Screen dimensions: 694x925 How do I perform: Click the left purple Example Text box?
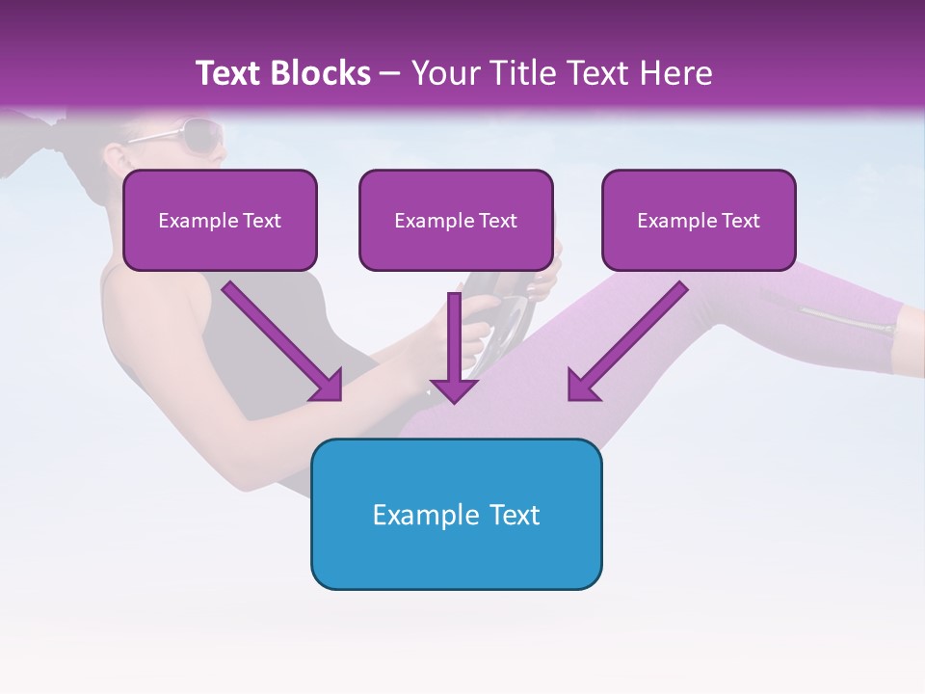(220, 220)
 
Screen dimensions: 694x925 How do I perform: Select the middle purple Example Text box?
(456, 220)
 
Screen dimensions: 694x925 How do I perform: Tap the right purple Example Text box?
(699, 220)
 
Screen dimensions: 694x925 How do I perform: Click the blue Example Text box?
(456, 514)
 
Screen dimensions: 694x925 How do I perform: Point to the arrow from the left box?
(279, 337)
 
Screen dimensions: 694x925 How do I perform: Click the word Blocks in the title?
(320, 73)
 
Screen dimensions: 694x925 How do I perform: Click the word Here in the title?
(678, 73)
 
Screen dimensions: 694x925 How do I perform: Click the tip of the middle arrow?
(454, 400)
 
